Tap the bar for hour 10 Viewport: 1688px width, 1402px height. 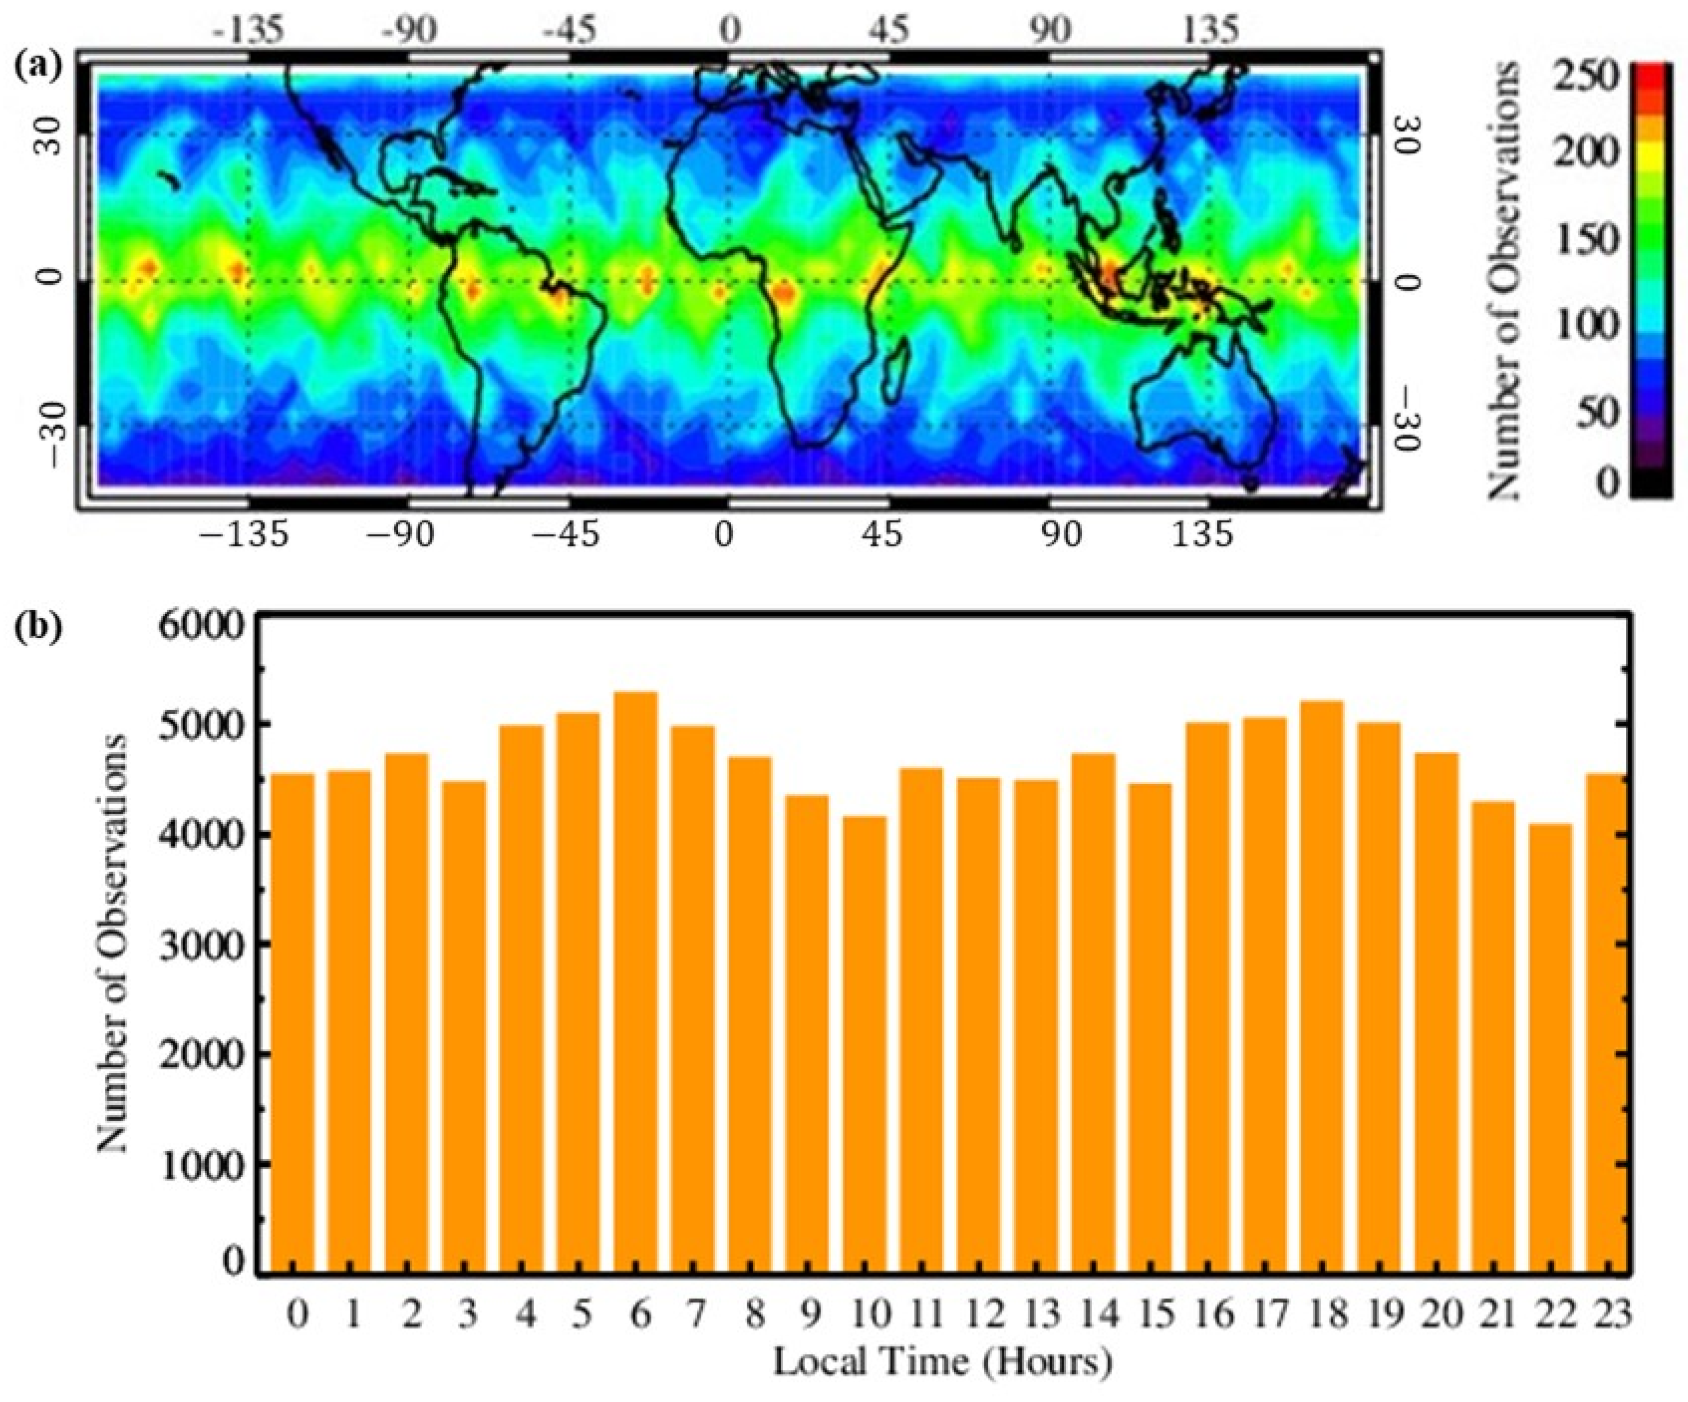coord(864,1045)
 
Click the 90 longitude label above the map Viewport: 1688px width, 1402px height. coord(1050,30)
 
